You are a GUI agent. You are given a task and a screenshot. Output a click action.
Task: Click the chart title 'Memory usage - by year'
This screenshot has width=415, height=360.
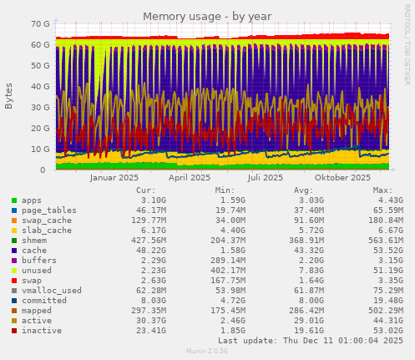206,16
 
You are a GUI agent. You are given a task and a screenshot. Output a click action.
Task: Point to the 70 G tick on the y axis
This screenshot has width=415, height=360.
38,24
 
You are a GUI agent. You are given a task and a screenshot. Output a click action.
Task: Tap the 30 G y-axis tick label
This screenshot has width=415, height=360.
38,108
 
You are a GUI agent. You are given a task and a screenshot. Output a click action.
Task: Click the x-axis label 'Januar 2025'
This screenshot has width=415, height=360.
114,178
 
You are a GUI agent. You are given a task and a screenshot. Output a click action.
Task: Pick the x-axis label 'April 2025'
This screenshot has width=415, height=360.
190,178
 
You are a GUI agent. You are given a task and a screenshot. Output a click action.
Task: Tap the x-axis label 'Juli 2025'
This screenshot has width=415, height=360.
266,178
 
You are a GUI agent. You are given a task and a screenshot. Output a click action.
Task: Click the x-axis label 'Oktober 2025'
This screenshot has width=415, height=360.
342,178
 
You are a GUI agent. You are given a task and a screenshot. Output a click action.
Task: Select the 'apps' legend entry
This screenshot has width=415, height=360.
32,200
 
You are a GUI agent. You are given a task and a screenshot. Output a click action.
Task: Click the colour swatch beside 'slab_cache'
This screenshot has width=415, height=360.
14,231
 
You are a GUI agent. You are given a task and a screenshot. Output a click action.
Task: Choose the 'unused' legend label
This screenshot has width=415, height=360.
37,271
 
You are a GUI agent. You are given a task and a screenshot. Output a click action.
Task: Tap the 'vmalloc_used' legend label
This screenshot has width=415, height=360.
52,291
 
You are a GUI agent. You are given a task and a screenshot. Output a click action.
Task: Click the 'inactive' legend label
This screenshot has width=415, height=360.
42,331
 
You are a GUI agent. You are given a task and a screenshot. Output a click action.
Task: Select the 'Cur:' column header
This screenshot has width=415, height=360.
145,190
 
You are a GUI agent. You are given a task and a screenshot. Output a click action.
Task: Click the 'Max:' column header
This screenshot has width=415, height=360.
382,190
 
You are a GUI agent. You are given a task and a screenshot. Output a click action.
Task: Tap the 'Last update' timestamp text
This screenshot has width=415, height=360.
310,341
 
